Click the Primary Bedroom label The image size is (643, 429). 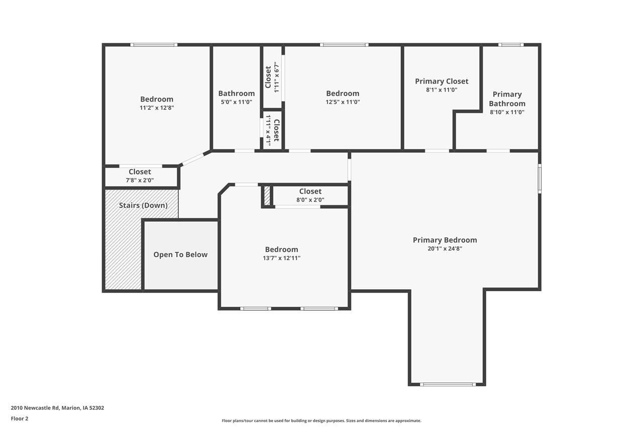point(445,240)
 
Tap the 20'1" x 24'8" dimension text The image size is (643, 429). point(445,248)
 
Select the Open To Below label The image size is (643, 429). point(180,254)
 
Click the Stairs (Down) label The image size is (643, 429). point(143,205)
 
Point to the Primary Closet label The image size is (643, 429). point(442,81)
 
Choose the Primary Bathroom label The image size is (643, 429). point(507,99)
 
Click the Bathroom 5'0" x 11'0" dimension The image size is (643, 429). point(236,102)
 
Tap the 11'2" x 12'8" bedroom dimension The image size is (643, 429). point(157,108)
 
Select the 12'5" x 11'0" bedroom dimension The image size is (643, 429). point(343,102)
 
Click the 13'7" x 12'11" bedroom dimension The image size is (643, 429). point(282,258)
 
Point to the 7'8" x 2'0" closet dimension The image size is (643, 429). point(140,180)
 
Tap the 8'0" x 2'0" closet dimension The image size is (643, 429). point(310,200)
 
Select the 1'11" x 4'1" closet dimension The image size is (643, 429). point(269,130)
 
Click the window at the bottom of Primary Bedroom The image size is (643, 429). point(448,384)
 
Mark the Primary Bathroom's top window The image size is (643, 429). point(511,45)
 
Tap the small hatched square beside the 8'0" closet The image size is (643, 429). point(267,196)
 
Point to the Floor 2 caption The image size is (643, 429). point(20,418)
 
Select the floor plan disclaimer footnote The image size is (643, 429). point(321,420)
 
